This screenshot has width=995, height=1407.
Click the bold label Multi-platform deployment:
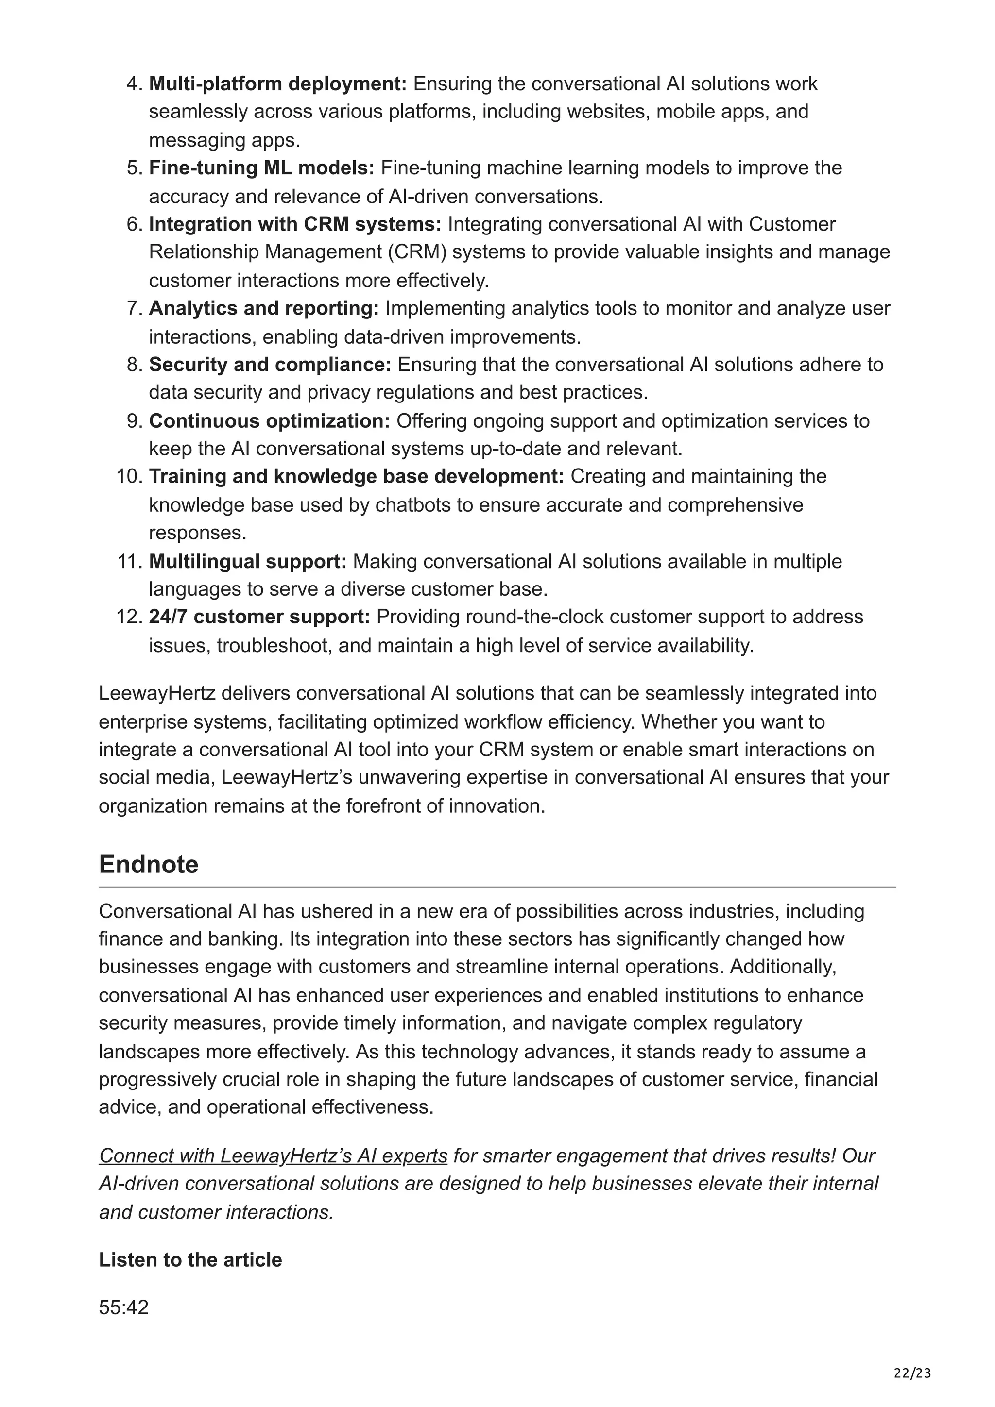coord(278,84)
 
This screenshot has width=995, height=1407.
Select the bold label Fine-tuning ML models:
coord(261,168)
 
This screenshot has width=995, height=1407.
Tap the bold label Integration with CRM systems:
coord(295,224)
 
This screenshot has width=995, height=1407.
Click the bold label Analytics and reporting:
coord(264,308)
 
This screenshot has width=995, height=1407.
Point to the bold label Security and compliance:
coord(270,365)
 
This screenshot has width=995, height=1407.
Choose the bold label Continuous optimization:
coord(269,421)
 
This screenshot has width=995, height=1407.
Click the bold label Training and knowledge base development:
coord(356,476)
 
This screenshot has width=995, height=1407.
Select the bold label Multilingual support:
coord(248,561)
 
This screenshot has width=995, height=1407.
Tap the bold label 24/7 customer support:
coord(259,617)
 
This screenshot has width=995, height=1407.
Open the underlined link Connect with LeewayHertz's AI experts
coord(274,1156)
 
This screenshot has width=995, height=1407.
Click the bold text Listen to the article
coord(190,1260)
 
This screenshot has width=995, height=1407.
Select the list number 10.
coord(129,476)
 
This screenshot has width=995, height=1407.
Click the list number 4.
coord(134,84)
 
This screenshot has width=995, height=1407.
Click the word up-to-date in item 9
coord(515,449)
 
